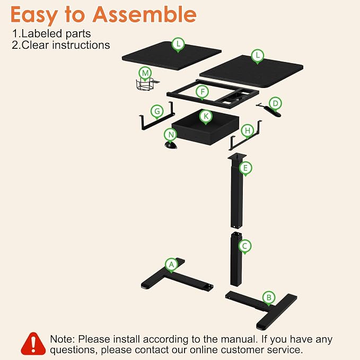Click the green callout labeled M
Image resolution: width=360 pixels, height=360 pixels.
click(145, 74)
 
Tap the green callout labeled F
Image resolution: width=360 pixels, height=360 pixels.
click(203, 92)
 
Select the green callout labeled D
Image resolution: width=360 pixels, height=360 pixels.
click(275, 104)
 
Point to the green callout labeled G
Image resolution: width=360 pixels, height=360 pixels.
click(157, 111)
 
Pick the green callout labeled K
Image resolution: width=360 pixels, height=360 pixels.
click(206, 117)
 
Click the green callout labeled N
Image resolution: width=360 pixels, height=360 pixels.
click(171, 135)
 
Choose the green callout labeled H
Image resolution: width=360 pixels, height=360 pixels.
click(247, 131)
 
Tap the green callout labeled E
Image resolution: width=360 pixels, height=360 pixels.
click(245, 168)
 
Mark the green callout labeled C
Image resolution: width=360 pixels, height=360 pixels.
click(245, 247)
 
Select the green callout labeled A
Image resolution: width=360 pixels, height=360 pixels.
click(171, 265)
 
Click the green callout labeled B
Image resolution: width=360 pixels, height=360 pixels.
click(269, 298)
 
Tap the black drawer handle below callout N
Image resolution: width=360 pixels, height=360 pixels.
click(171, 146)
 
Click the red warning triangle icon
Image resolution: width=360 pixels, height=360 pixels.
click(33, 344)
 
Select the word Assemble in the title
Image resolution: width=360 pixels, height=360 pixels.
click(144, 14)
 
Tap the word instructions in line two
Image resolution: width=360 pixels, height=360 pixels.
click(81, 45)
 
